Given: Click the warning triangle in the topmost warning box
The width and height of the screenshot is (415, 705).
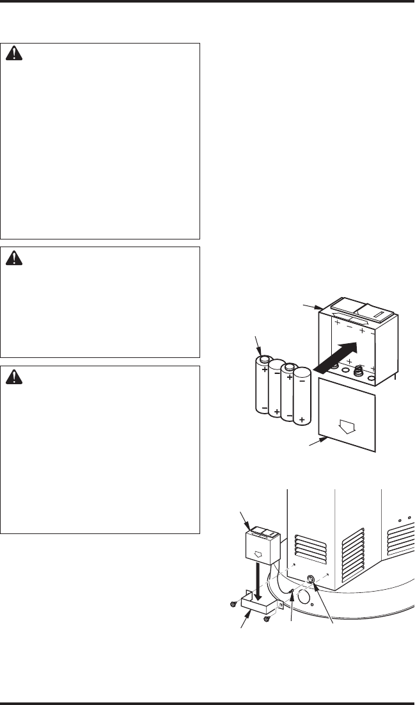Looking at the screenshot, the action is point(13,56).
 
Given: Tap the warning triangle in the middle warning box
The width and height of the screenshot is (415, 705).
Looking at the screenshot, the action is point(13,258).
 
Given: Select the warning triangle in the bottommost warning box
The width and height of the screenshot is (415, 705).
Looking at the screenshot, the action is point(13,377).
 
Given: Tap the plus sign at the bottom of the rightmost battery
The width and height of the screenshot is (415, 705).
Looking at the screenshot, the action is point(301,437).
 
